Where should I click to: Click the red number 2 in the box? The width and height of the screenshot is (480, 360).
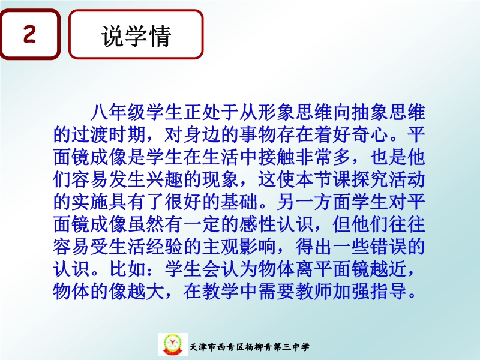pos(29,34)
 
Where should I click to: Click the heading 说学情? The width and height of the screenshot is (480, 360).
pos(136,36)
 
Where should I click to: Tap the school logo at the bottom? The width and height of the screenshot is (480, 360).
pos(173,344)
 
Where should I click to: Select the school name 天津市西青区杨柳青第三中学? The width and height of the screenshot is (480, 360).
pos(249,347)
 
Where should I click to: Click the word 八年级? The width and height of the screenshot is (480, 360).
pos(118,112)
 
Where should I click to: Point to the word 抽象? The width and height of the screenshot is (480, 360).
pos(370,112)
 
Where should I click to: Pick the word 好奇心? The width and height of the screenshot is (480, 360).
pos(361,134)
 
